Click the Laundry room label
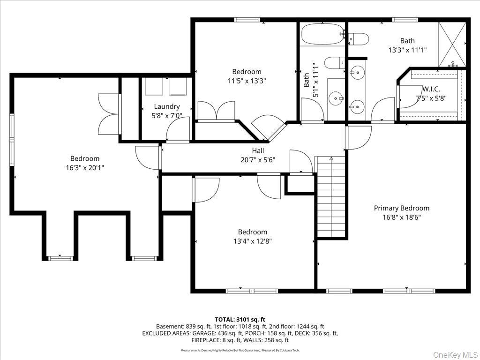(166, 106)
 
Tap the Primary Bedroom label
(401, 208)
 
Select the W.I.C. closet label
(431, 89)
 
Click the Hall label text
(258, 150)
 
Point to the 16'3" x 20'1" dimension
(85, 168)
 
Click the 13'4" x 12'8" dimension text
(253, 241)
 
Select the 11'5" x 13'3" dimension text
(247, 81)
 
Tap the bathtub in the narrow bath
(323, 34)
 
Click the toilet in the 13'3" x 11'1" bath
(359, 39)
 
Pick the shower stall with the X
(452, 45)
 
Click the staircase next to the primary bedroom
(331, 196)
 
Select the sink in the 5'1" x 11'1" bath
(336, 98)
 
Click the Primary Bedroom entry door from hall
(358, 138)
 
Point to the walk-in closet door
(410, 97)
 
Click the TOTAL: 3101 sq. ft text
(240, 320)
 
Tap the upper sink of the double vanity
(357, 73)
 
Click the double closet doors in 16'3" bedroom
(108, 114)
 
